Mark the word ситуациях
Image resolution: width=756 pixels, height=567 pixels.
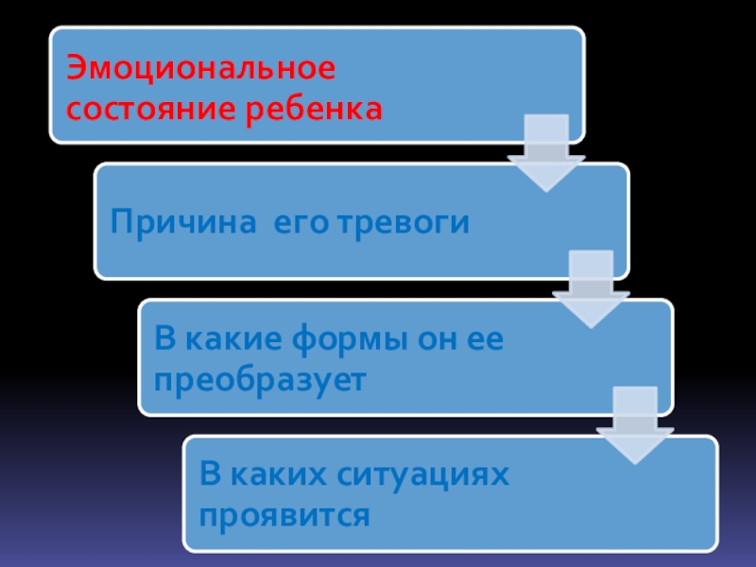pyautogui.click(x=420, y=476)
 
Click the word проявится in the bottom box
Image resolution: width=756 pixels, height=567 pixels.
pyautogui.click(x=283, y=516)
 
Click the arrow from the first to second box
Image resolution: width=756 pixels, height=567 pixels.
pyautogui.click(x=545, y=152)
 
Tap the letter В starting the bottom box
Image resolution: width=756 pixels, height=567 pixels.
pyautogui.click(x=208, y=476)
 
